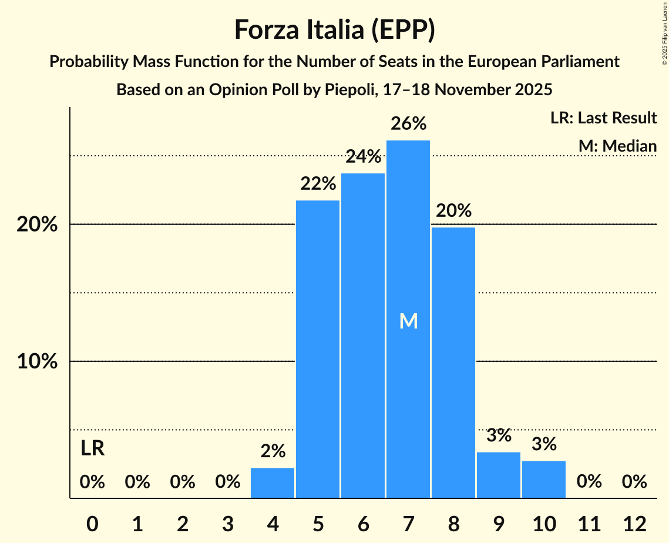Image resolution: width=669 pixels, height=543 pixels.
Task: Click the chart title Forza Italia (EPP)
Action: [334, 29]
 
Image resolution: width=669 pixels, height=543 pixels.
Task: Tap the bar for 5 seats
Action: [318, 349]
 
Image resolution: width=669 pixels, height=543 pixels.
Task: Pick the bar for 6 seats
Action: [363, 336]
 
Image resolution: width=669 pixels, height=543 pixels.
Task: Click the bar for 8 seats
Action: [453, 363]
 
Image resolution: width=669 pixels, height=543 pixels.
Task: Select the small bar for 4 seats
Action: [273, 483]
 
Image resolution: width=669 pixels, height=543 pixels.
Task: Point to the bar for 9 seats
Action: [499, 475]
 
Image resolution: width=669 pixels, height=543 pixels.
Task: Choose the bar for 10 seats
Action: [544, 480]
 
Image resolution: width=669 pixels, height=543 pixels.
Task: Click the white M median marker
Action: [408, 321]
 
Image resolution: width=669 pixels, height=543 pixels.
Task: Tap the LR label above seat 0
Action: [92, 448]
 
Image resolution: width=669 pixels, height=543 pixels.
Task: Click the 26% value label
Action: [408, 124]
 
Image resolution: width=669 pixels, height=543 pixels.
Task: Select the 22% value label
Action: [318, 184]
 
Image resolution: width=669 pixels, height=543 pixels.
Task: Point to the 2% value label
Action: [273, 451]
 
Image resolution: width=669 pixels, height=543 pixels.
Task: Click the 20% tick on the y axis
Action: [37, 224]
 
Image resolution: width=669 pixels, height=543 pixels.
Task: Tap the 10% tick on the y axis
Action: [37, 361]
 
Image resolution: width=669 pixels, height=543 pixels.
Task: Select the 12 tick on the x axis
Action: [634, 523]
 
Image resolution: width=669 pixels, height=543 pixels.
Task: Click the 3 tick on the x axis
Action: [227, 523]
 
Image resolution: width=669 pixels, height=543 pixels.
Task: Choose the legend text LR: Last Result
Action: [603, 118]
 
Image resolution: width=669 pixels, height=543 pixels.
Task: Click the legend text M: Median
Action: [617, 146]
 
